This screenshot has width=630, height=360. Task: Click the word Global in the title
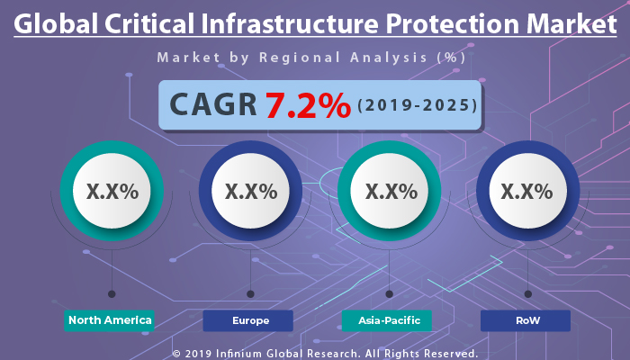[x=55, y=24]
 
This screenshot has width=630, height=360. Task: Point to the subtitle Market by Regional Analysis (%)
[x=311, y=58]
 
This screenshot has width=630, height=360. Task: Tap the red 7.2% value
[x=308, y=106]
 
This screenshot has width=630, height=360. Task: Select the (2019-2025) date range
[x=417, y=106]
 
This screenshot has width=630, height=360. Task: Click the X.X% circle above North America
[x=112, y=191]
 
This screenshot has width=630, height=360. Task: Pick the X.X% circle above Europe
[x=250, y=191]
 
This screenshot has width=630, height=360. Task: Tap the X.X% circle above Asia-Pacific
[x=389, y=191]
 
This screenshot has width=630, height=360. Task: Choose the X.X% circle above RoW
[x=526, y=191]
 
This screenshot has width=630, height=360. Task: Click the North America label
[x=110, y=320]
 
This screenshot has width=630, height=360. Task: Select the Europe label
[x=248, y=320]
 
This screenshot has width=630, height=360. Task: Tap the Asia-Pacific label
[x=387, y=320]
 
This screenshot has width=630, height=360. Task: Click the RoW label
[x=526, y=320]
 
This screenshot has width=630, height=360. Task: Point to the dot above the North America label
[x=112, y=293]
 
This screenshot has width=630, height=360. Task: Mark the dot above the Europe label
[x=250, y=293]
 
